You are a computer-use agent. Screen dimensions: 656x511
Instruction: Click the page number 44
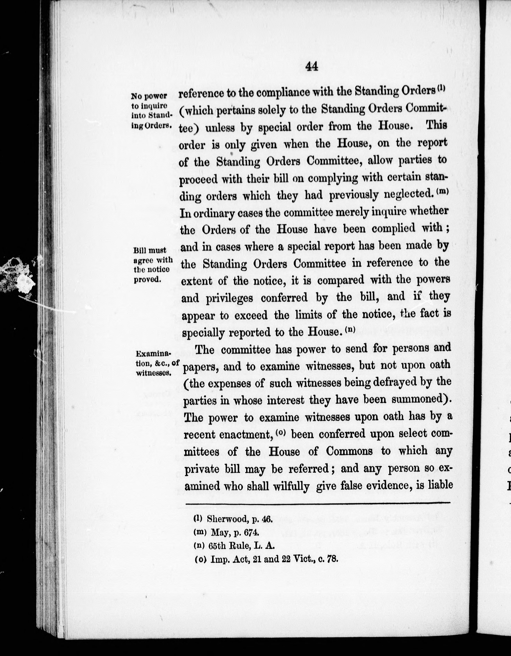[x=311, y=66]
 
